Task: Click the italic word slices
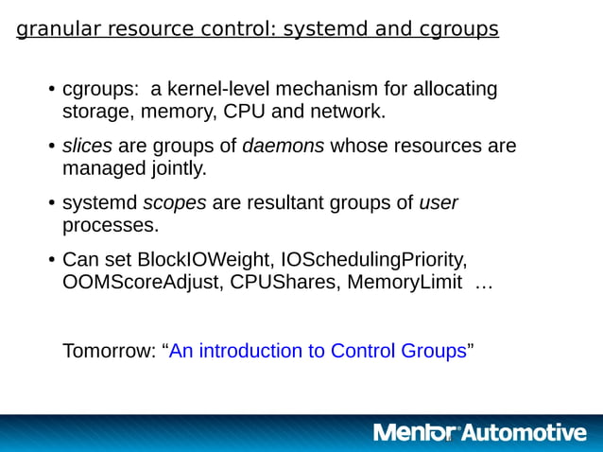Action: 87,147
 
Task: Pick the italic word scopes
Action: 175,203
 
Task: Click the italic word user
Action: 439,203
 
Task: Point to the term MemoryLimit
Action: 400,283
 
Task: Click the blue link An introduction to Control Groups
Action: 318,351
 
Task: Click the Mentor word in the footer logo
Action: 415,433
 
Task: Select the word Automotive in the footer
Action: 523,433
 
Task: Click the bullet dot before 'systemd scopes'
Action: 51,204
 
